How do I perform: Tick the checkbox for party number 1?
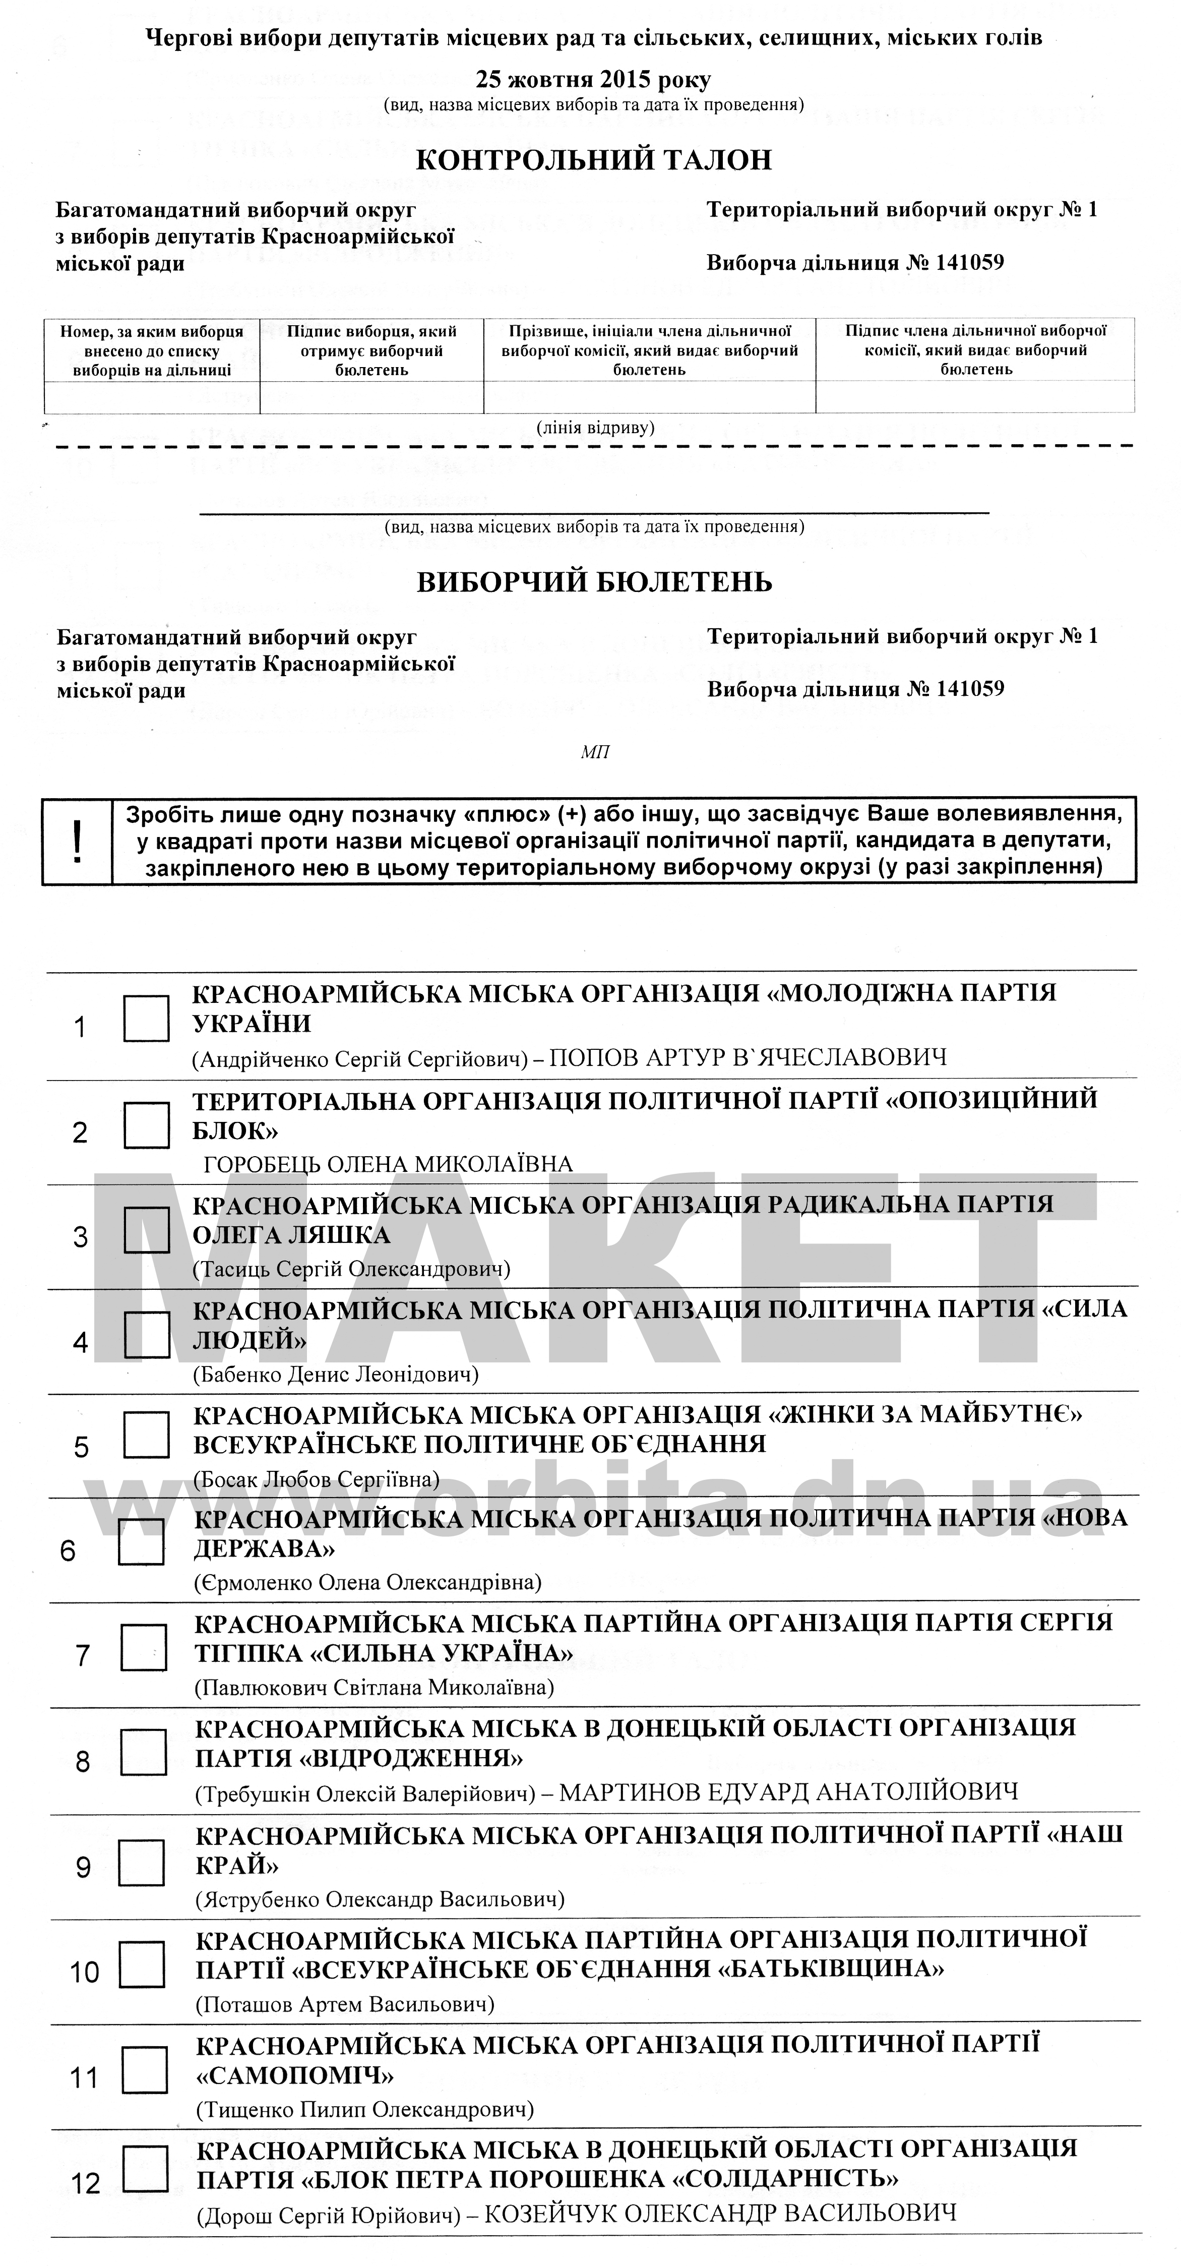[x=146, y=1019]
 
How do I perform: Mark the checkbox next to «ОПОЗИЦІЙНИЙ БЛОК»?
[x=146, y=1125]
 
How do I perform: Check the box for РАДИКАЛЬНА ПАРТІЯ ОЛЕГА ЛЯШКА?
[x=146, y=1230]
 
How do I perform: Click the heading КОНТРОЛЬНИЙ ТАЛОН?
[x=594, y=160]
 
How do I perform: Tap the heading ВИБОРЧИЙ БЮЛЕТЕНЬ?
[x=594, y=582]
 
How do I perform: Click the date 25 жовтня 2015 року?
[x=594, y=80]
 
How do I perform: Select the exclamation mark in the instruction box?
[x=78, y=841]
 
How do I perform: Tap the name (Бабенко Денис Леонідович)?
[x=335, y=1374]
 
